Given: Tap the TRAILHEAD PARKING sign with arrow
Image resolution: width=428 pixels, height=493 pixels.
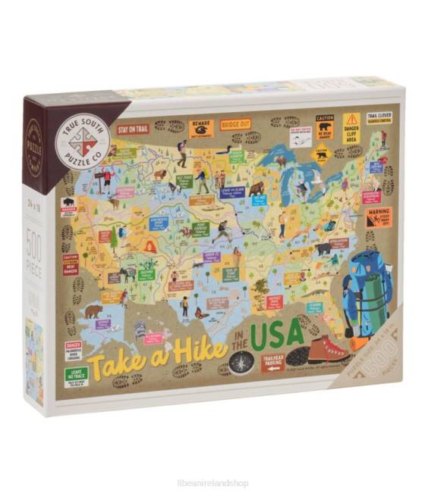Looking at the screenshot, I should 274,364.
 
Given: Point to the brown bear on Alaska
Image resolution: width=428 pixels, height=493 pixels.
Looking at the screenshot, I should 93,310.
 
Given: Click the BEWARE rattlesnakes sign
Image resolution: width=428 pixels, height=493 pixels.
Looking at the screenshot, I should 202,126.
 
